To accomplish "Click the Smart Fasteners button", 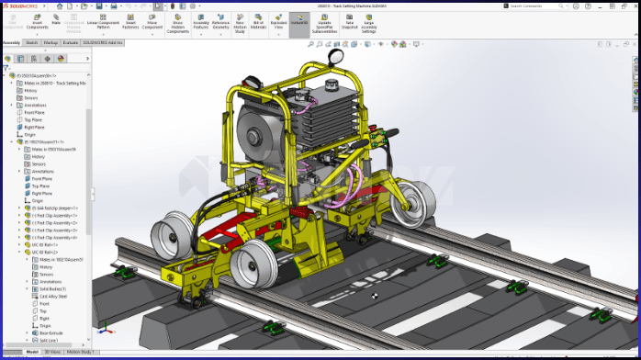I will pyautogui.click(x=130, y=20).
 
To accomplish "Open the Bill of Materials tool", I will pyautogui.click(x=258, y=20).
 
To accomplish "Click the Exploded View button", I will pyautogui.click(x=277, y=20).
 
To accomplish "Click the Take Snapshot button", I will pyautogui.click(x=349, y=20).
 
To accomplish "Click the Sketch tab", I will pyautogui.click(x=31, y=42).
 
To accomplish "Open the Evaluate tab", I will pyautogui.click(x=69, y=42).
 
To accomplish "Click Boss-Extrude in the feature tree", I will pyautogui.click(x=51, y=332).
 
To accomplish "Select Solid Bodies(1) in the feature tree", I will pyautogui.click(x=53, y=288).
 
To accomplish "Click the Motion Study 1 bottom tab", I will pyautogui.click(x=82, y=352).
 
